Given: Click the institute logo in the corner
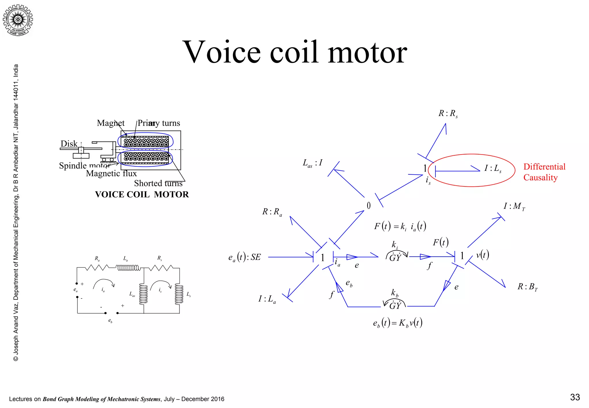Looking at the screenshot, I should (18, 20).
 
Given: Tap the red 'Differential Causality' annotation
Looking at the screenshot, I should (544, 172).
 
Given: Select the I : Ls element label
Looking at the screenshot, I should (493, 168).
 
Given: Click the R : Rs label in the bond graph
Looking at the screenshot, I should (448, 114).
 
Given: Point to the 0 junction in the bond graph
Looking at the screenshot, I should (369, 205).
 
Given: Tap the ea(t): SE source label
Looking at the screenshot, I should (244, 257).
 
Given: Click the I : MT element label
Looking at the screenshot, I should (514, 207).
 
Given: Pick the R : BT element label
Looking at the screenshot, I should (527, 287).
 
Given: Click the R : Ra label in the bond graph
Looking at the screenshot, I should (272, 212).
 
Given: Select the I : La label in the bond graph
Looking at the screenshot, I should (267, 299).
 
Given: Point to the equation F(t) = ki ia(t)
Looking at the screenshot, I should (400, 226).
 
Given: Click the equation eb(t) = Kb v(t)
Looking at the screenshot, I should (397, 323).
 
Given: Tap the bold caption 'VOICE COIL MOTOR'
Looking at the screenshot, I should (142, 195).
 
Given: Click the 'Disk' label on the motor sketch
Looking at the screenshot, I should (69, 144).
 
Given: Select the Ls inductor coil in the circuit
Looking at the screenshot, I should (179, 294).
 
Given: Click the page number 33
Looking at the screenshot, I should (575, 397).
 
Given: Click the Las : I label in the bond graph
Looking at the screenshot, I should (312, 163).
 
